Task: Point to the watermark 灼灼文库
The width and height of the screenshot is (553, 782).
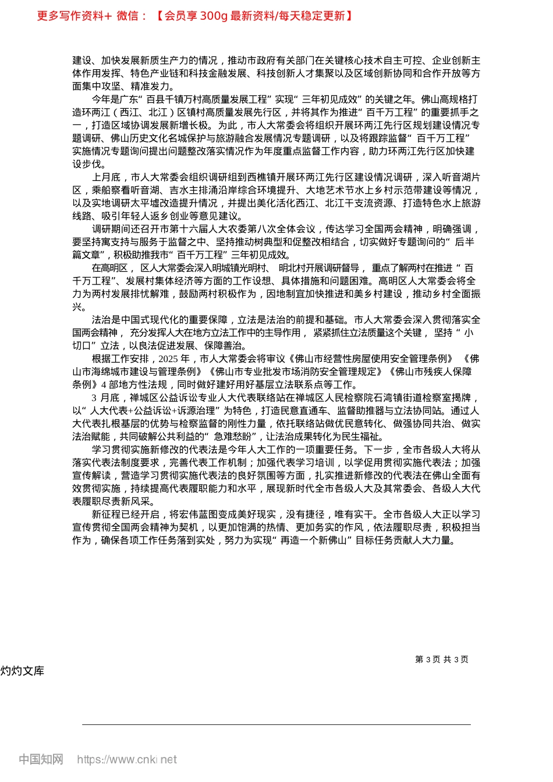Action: coord(22,671)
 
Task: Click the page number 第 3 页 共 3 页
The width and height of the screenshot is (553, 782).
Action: coord(441,659)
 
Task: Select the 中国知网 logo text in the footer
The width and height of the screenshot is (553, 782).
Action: coord(41,759)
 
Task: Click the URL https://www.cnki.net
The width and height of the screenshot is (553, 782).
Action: coord(127,759)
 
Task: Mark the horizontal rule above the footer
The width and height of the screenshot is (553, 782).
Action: coord(276,724)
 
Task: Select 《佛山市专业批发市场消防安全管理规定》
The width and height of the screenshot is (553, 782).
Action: coord(298,372)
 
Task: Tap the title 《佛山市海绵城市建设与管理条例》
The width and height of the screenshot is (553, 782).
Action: coord(138,372)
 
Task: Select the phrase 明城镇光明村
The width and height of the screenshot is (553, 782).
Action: coord(239,268)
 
